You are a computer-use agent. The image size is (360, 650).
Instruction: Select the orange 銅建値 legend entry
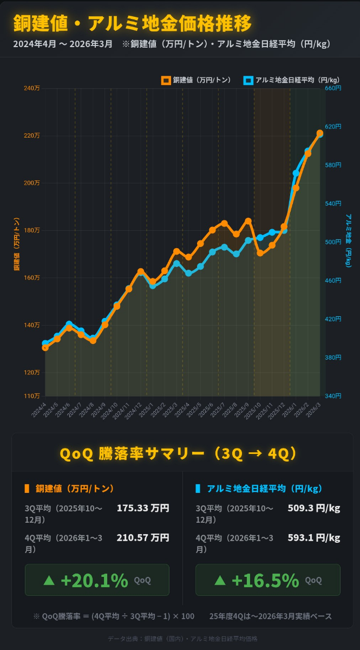pos(196,80)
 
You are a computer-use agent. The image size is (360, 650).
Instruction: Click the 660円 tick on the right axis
pos(333,88)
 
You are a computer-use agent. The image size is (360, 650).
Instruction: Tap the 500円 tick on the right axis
pos(333,242)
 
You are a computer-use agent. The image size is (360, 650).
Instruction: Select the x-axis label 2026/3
pos(313,409)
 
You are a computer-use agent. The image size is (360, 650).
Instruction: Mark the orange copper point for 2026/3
pos(320,133)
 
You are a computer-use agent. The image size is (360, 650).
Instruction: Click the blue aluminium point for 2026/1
pos(296,173)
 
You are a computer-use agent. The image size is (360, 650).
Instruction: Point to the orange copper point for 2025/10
pos(260,253)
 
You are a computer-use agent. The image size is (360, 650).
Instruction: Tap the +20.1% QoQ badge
pos(97,580)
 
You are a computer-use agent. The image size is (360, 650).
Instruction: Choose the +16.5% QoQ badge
pos(267,580)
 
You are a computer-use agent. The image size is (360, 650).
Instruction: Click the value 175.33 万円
pos(143,508)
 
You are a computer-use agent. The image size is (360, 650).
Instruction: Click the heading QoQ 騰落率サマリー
pos(179,453)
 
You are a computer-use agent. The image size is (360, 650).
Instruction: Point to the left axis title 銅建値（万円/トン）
pos(17,244)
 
